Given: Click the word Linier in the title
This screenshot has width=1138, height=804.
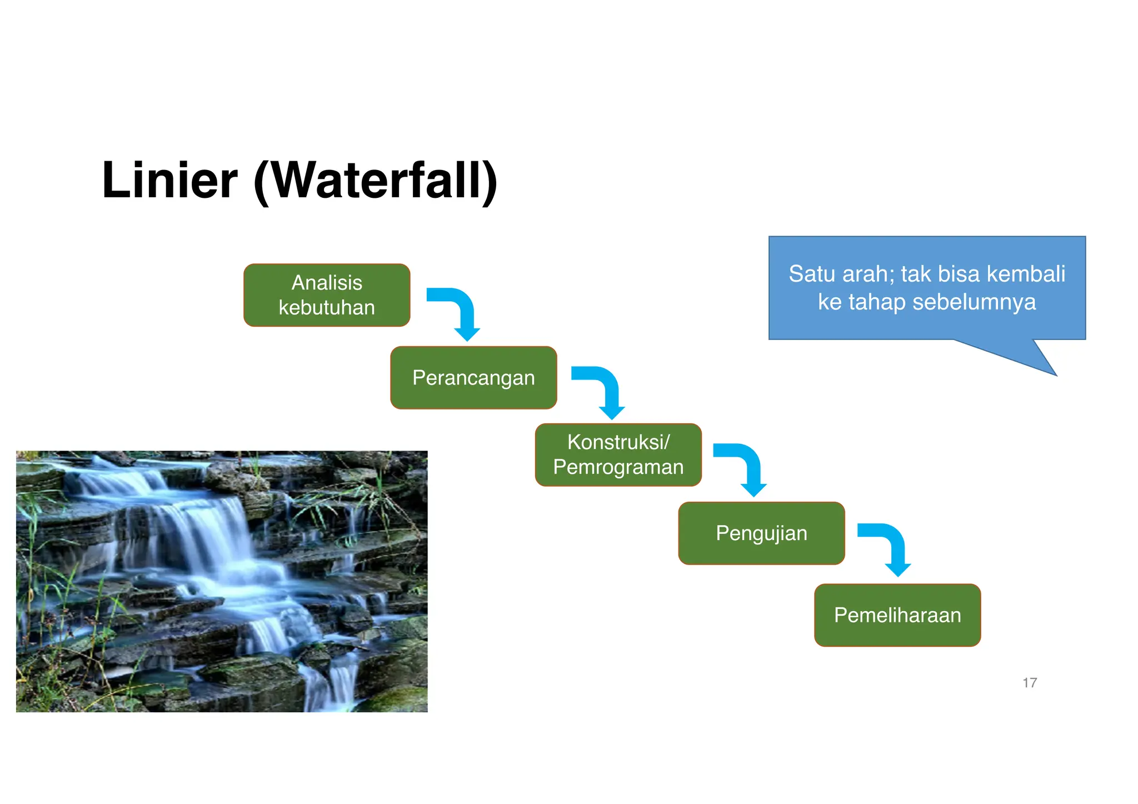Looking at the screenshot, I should (169, 180).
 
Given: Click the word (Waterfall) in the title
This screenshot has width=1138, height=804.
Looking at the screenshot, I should (375, 181).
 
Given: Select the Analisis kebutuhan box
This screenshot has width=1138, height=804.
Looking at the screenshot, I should (327, 295).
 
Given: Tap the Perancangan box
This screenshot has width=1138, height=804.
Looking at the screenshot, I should (473, 378).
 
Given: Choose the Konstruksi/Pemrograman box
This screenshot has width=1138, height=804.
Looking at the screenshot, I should (618, 455).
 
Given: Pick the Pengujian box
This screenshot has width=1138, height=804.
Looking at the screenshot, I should (761, 533).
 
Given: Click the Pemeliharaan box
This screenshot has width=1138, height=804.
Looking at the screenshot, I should (897, 615).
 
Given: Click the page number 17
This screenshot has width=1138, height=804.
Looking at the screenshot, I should (1030, 683).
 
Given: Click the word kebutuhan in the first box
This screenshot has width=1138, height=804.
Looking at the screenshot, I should (327, 307).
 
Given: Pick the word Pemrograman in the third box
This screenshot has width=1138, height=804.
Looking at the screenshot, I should (618, 467).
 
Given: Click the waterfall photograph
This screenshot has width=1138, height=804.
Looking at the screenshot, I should (222, 581).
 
